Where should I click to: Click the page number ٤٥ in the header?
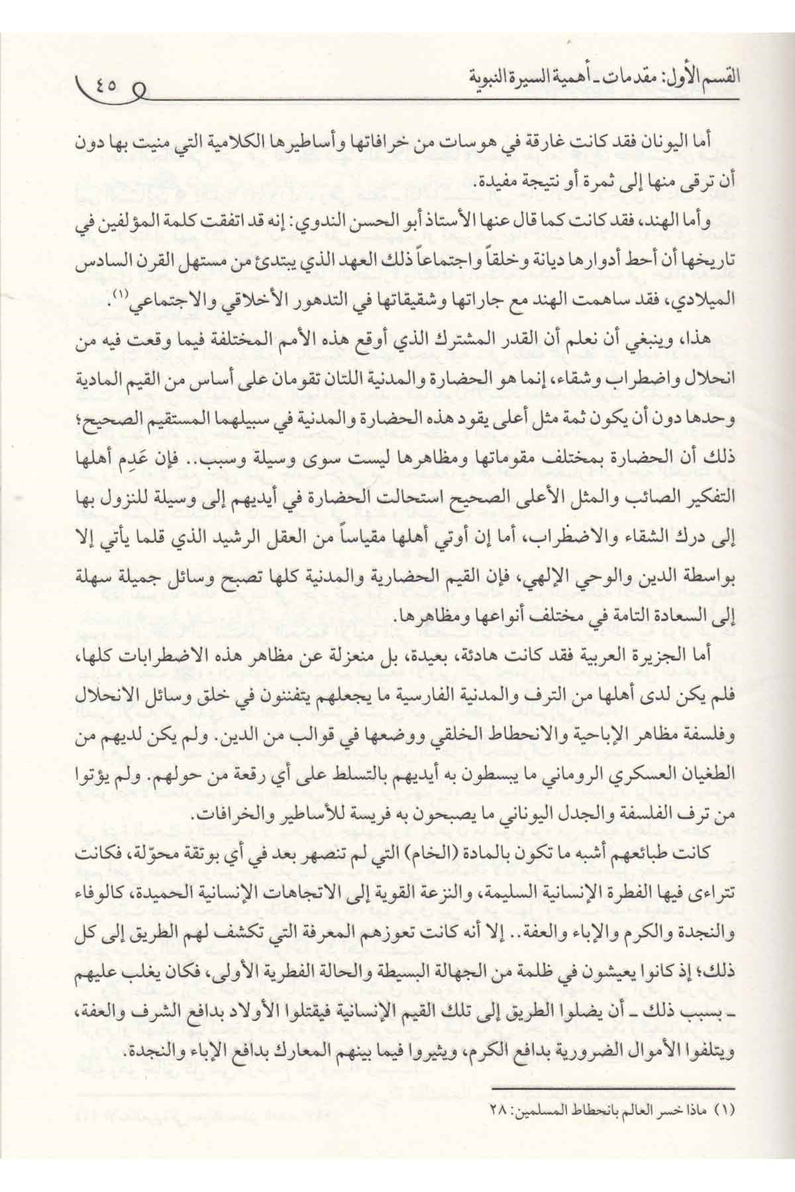(x=109, y=84)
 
